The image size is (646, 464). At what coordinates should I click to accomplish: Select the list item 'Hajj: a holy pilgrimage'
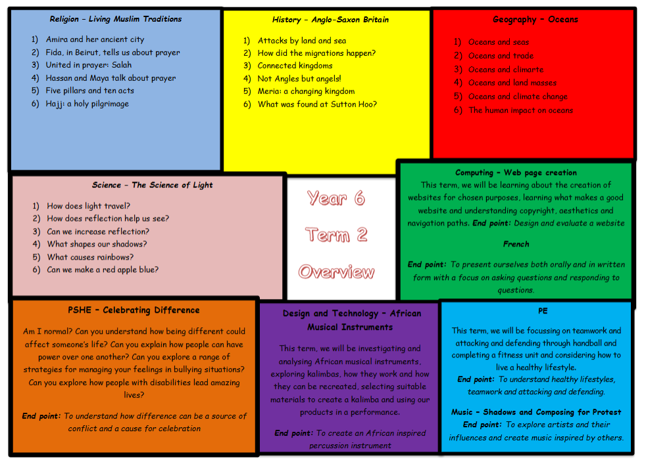87,104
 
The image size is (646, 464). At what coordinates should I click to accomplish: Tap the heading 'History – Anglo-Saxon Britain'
330,20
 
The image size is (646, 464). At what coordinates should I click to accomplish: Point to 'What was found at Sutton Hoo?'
317,104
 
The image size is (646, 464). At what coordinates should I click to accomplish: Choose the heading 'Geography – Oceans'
534,20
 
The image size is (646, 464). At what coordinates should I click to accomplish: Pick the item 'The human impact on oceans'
520,110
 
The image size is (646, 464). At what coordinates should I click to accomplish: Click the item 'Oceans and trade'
501,56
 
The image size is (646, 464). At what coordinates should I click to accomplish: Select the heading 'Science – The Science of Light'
153,185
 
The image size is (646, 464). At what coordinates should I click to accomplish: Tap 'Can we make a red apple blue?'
103,269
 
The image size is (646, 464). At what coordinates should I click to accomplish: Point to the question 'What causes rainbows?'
90,257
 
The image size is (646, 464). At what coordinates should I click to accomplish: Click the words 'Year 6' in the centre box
335,198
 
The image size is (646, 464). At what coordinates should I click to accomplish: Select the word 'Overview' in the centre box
336,271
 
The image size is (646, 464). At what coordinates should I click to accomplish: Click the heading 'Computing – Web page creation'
516,173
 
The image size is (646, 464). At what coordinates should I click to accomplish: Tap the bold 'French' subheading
516,244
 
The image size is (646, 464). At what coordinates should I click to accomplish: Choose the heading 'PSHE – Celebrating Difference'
134,310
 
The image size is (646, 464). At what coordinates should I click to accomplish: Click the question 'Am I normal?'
48,332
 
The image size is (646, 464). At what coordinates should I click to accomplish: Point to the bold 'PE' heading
543,311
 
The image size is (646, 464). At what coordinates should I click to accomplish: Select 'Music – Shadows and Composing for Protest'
536,412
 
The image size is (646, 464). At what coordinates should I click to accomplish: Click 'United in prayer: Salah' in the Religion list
88,65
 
